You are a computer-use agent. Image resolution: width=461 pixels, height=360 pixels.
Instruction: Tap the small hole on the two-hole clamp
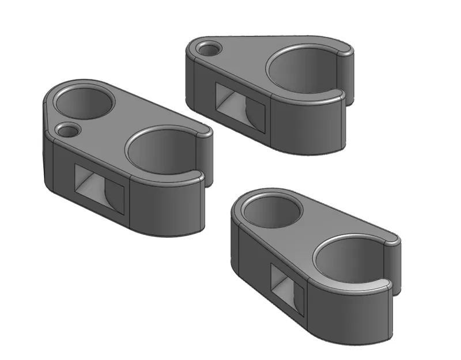[69, 130]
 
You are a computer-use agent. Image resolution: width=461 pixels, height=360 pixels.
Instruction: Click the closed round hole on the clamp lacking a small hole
[272, 211]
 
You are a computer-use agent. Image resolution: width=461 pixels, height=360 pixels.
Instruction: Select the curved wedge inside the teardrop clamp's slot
[254, 113]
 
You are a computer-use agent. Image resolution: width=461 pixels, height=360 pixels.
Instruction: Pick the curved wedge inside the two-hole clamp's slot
[112, 196]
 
